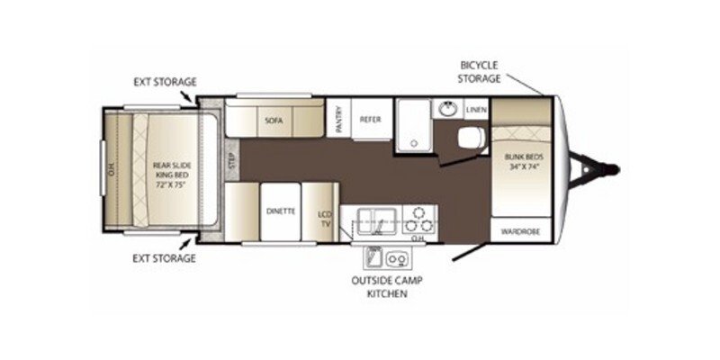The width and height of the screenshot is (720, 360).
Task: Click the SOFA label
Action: [274, 119]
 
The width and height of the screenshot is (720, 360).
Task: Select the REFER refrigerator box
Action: [372, 119]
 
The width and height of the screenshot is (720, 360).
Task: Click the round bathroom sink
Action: [447, 110]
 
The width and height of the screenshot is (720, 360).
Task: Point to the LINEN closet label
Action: [476, 110]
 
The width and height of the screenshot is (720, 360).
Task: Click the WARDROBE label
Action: [521, 231]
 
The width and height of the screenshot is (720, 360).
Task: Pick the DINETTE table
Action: [276, 212]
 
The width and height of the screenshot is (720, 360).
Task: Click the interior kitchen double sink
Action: [377, 219]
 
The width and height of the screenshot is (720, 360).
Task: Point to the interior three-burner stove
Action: [418, 219]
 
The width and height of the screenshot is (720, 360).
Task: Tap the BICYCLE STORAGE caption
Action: [479, 71]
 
